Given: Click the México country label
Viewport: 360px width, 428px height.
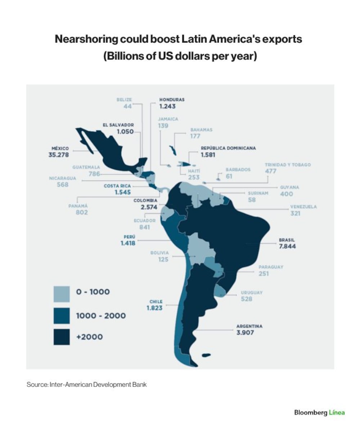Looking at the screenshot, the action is tap(60, 148).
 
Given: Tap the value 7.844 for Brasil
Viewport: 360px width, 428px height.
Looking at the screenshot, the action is tap(287, 246).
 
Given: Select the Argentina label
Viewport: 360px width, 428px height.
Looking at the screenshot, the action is tap(249, 326).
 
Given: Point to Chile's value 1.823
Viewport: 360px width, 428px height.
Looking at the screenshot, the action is tap(154, 308).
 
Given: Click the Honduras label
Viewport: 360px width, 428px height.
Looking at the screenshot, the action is tap(172, 100).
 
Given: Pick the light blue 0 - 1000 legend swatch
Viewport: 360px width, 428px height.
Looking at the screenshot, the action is tap(61, 294).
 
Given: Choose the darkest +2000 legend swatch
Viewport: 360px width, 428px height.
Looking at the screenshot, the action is tap(61, 337).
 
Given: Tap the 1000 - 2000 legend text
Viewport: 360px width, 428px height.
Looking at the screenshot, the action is tap(101, 316).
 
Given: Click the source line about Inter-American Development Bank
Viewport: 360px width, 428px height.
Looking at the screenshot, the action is tap(87, 385).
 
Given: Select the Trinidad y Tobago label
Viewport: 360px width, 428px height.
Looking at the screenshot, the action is tap(288, 165).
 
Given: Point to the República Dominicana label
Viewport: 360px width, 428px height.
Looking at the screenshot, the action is tap(228, 148).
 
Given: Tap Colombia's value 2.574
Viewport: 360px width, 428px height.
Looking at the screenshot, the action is tap(149, 207).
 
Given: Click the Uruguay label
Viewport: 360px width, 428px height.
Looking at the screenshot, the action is tap(251, 293).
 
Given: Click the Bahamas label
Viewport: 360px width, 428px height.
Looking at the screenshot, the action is tap(201, 130).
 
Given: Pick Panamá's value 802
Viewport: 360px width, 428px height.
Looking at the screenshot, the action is tap(82, 212).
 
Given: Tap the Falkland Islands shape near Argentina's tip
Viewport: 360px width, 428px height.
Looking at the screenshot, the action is tap(206, 355).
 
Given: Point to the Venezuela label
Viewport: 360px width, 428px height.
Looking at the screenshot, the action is tap(303, 207).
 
